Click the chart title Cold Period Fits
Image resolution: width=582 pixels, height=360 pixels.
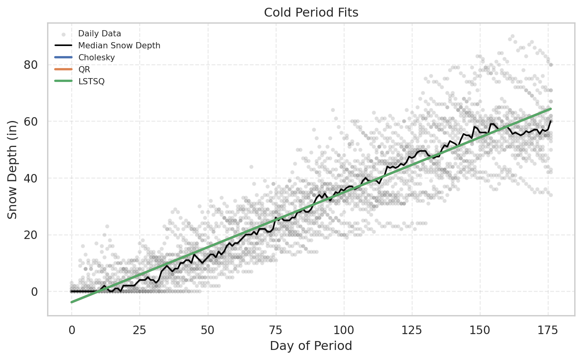click(311, 13)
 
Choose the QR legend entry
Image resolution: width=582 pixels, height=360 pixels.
click(84, 70)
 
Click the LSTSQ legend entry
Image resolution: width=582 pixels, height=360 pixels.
click(91, 82)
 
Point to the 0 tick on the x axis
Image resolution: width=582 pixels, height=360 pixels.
click(71, 330)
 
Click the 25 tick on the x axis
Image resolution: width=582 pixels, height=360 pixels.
click(140, 330)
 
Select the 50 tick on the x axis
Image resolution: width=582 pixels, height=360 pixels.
click(208, 330)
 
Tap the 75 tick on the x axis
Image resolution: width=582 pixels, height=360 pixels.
click(276, 330)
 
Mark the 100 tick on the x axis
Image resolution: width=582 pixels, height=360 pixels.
click(344, 330)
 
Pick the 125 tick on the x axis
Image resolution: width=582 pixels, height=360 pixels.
click(412, 330)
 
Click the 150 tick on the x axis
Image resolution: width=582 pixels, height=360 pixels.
click(480, 330)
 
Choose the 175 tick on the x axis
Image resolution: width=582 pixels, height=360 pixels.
click(548, 330)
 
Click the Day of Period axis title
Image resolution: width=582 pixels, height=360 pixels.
click(311, 346)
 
